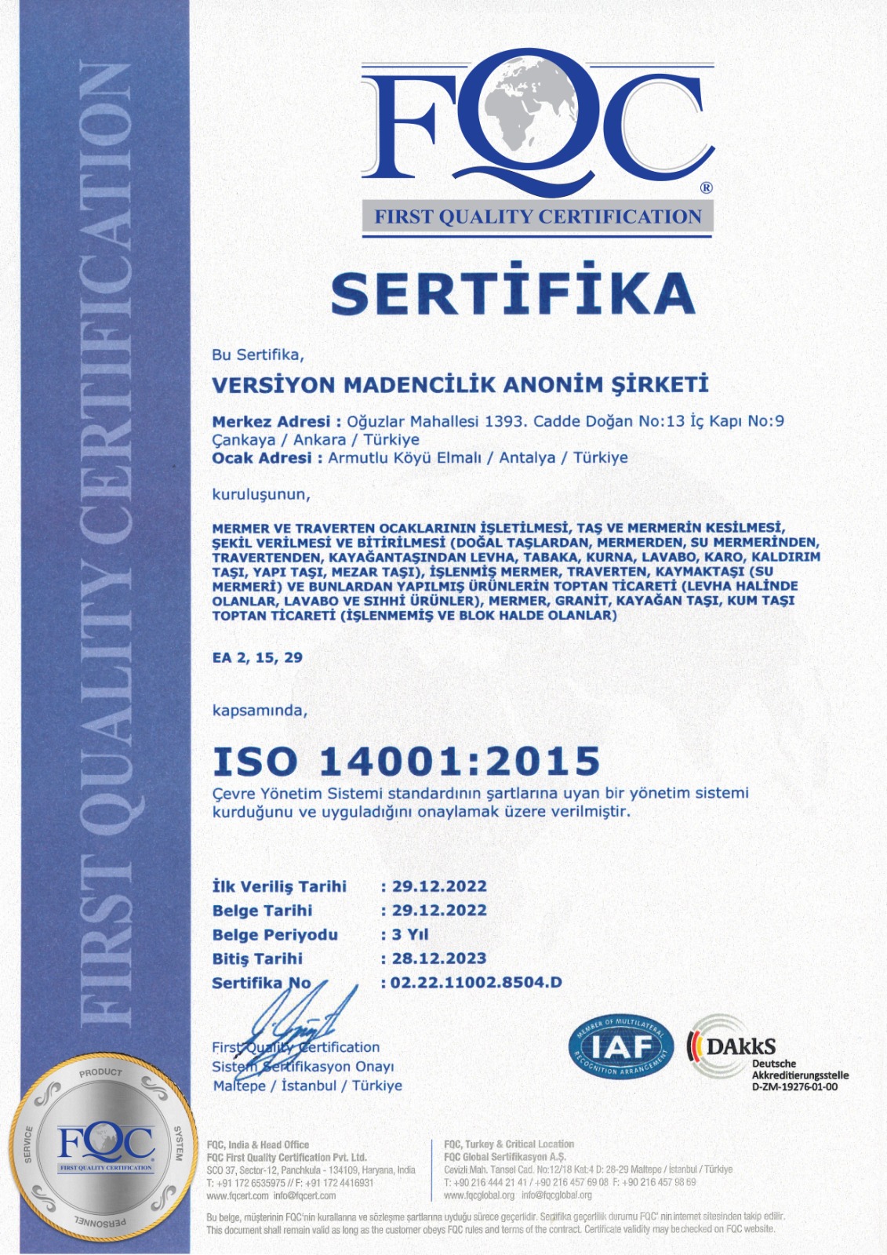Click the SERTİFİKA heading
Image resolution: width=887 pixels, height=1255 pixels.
(513, 292)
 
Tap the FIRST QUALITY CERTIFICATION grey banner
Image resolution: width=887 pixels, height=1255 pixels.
(537, 217)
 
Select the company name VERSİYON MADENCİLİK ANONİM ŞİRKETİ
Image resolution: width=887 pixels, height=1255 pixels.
(460, 384)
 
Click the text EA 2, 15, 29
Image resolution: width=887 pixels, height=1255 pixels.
(257, 657)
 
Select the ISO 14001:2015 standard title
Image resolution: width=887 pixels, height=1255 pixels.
(406, 762)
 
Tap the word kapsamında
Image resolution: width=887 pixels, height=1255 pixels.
(260, 711)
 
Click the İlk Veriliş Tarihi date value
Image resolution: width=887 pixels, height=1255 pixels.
(439, 886)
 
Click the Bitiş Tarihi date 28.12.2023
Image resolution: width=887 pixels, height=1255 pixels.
(439, 959)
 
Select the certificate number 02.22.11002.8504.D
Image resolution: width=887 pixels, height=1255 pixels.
(476, 982)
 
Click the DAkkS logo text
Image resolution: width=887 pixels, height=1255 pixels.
(740, 1046)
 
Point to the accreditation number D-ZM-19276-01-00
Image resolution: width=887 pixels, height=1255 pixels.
(794, 1087)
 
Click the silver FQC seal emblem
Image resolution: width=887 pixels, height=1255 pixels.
(105, 1147)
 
